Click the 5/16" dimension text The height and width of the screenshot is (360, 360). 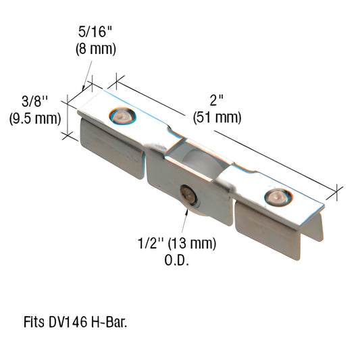click(x=94, y=32)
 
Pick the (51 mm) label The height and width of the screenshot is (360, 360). click(x=217, y=118)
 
